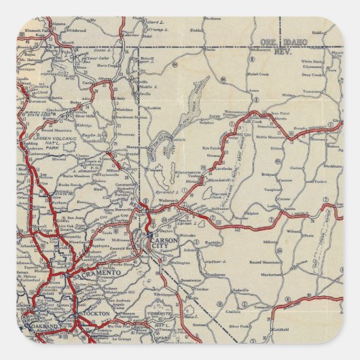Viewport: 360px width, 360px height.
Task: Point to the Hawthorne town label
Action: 196,274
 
